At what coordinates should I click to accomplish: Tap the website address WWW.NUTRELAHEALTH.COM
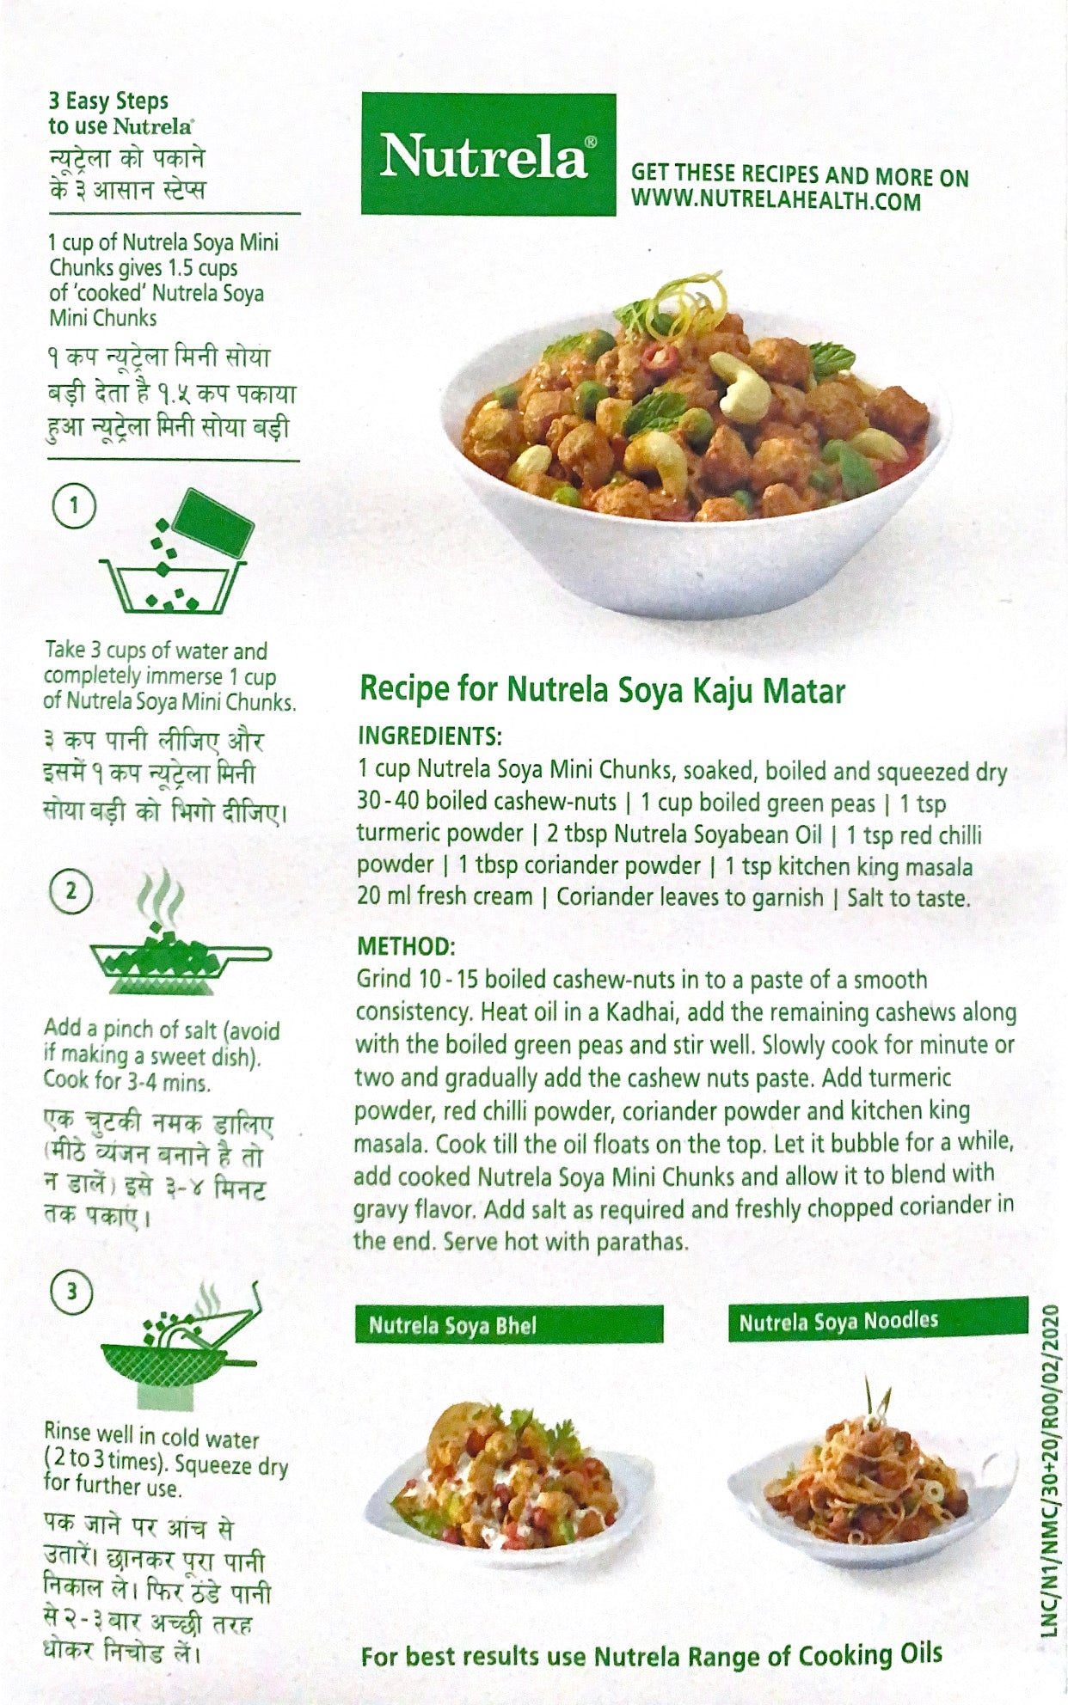[776, 202]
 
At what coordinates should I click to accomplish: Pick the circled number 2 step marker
[72, 890]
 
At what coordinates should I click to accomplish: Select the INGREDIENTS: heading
[429, 736]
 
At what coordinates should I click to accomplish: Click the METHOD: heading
[405, 946]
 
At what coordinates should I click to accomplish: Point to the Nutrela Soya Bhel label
[452, 1325]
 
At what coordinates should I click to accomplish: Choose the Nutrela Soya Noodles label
[838, 1320]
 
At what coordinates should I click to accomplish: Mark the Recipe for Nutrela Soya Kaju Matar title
[602, 690]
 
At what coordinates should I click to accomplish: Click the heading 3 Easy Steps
[108, 101]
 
